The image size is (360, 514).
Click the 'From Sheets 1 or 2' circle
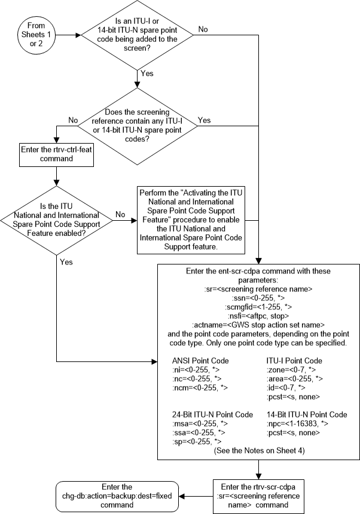(x=36, y=35)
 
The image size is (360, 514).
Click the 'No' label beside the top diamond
(x=203, y=28)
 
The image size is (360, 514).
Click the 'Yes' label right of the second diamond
(x=204, y=120)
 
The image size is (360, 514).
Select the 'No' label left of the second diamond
(x=73, y=120)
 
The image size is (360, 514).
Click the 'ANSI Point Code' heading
(x=200, y=361)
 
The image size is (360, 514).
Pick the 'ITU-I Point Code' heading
(x=294, y=361)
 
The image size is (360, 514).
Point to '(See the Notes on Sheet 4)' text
(x=258, y=451)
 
